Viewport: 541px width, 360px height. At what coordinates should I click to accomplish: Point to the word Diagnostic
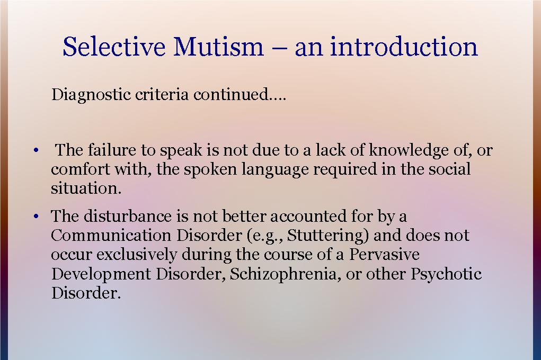pos(91,94)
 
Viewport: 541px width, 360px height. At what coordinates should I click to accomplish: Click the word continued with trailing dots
pos(240,94)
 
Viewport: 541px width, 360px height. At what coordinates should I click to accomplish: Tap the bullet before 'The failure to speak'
pos(36,151)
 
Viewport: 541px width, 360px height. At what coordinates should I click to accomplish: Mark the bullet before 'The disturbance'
pos(36,217)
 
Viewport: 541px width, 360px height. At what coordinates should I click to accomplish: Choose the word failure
pos(111,150)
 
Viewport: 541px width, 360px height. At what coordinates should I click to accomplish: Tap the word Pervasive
pos(384,255)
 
